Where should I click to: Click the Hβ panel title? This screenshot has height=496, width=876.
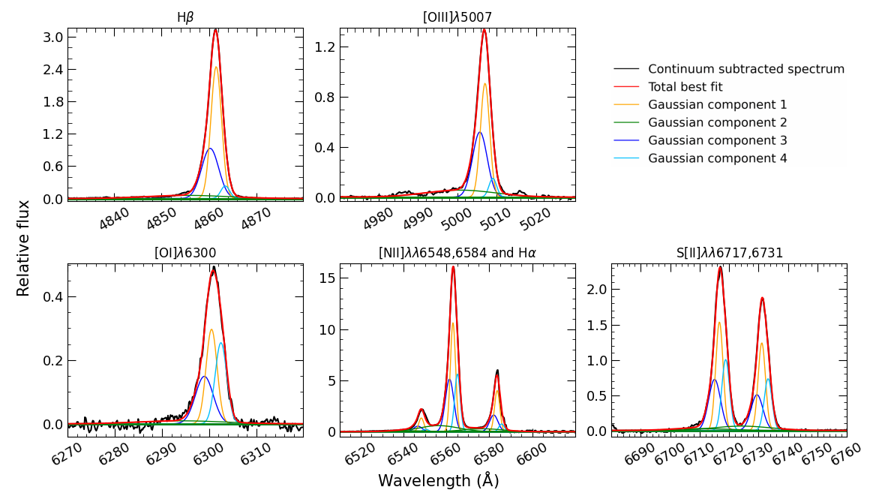click(x=185, y=17)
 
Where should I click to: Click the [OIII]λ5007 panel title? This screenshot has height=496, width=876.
click(x=457, y=17)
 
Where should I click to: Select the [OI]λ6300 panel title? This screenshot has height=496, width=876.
click(x=185, y=253)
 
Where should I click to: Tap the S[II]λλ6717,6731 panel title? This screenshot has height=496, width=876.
click(x=729, y=253)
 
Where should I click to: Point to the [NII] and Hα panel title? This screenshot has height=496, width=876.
click(x=457, y=253)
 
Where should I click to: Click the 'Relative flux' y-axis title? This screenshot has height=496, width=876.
click(x=24, y=248)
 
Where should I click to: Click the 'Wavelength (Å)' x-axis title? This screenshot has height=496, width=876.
click(x=439, y=481)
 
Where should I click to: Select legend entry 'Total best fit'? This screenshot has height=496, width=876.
click(x=685, y=87)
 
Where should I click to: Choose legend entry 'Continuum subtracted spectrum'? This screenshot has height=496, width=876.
click(x=746, y=69)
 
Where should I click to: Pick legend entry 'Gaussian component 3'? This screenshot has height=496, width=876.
click(x=718, y=140)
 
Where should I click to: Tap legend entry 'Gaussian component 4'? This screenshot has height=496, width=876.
click(x=718, y=158)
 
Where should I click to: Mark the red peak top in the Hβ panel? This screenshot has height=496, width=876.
click(x=215, y=30)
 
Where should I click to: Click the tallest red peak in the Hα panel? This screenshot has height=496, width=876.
click(x=453, y=266)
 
